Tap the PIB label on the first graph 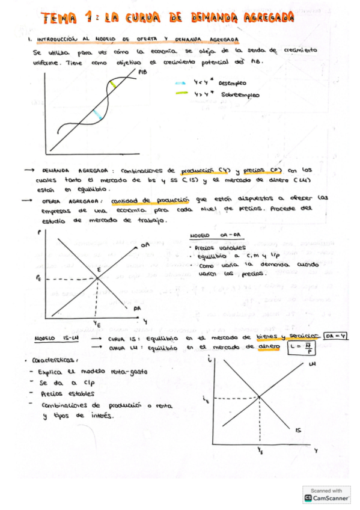[142, 72]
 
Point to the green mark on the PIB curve [114, 85]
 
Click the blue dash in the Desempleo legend [180, 84]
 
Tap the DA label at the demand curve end [138, 308]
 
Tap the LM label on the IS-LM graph [311, 364]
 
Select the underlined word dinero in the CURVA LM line [270, 347]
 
